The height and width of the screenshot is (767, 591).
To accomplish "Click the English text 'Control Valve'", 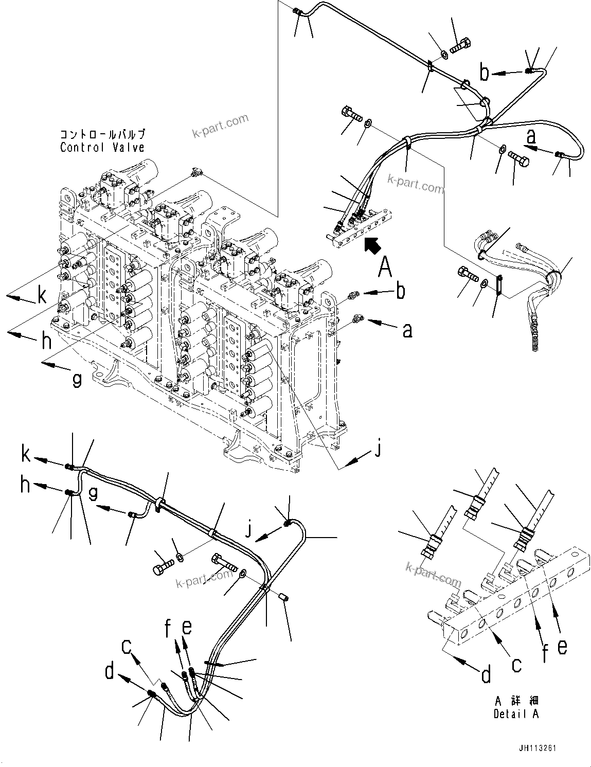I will pos(102,148).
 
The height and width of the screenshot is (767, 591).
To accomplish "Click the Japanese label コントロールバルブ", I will pos(102,135).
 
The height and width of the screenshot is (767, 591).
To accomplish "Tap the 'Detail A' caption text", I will pos(516,715).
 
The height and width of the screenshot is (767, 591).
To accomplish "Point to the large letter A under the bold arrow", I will pos(385,269).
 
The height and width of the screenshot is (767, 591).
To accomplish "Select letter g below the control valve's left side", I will pos(77,380).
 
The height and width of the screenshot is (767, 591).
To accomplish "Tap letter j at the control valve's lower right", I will pos(378,449).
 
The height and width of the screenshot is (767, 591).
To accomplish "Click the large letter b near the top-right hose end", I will pos(484,73).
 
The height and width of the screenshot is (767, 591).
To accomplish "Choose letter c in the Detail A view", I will pos(516,664).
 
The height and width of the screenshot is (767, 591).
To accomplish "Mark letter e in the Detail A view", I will pos(562,646).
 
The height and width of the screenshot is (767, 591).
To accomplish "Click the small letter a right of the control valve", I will pos(407,330).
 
